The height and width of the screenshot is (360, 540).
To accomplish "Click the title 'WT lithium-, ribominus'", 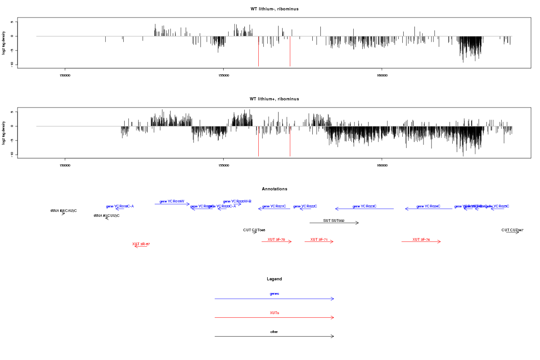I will click(274, 9).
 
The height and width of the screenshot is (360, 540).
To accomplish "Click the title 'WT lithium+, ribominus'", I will click(274, 99).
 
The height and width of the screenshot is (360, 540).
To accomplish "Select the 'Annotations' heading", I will click(274, 189).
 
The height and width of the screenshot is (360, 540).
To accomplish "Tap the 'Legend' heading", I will click(274, 279).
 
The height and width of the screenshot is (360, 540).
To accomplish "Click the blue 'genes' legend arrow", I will click(274, 299).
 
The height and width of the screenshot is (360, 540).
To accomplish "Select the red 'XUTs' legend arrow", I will click(274, 318).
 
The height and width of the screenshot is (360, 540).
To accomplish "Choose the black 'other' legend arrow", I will click(274, 337).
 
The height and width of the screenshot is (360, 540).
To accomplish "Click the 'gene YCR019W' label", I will click(172, 202).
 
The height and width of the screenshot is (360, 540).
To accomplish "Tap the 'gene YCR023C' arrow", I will click(364, 209).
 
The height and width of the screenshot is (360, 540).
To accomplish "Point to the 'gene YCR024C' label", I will click(428, 206).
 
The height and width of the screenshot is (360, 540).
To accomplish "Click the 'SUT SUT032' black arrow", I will click(334, 223).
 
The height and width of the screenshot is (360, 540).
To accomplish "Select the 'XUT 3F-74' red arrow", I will click(421, 242).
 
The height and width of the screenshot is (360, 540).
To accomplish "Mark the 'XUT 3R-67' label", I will click(141, 244).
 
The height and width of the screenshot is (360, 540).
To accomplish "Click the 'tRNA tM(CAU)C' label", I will click(63, 211).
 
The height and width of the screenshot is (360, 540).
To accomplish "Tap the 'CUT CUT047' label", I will click(513, 230).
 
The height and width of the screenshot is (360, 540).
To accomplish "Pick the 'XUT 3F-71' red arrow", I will click(319, 242).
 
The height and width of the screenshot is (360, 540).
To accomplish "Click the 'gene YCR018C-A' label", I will click(120, 206).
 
